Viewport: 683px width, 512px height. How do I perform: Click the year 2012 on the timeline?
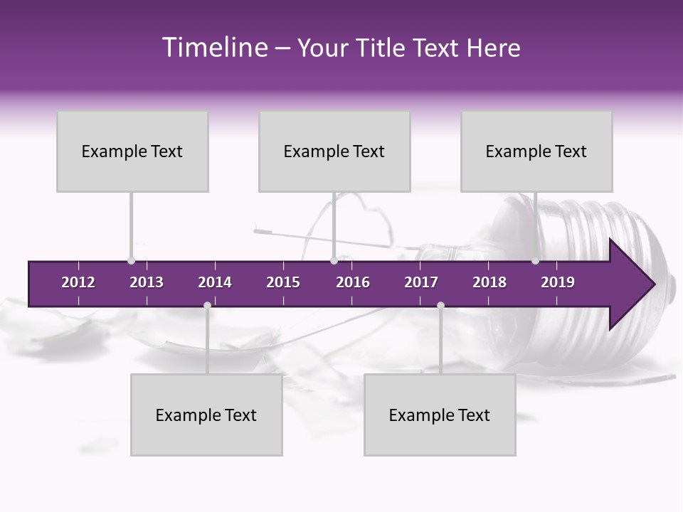[x=78, y=282]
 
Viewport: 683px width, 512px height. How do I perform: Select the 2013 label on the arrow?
[x=147, y=282]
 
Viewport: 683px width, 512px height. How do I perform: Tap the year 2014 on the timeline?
[x=215, y=282]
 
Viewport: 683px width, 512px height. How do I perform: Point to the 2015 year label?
[x=283, y=282]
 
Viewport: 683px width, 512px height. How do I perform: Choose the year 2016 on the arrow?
[x=353, y=282]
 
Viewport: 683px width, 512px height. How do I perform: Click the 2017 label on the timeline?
[x=421, y=282]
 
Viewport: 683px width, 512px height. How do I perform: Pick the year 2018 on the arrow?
[x=489, y=282]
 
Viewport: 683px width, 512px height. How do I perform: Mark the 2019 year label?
[x=558, y=282]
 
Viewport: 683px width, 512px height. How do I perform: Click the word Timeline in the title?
[x=213, y=48]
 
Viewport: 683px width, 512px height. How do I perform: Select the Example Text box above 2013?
[x=132, y=151]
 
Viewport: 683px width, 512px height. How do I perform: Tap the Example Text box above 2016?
[x=334, y=151]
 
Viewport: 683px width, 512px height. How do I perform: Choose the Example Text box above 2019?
[x=536, y=151]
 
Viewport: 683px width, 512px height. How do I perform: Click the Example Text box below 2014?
[x=206, y=415]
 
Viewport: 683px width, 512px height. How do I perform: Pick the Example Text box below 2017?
[x=440, y=415]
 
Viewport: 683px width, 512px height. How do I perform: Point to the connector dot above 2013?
[x=131, y=260]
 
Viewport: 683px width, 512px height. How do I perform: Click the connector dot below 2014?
[x=207, y=306]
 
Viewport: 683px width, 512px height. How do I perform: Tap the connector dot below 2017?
[x=440, y=306]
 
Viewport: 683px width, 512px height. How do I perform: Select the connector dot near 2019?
[x=535, y=260]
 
